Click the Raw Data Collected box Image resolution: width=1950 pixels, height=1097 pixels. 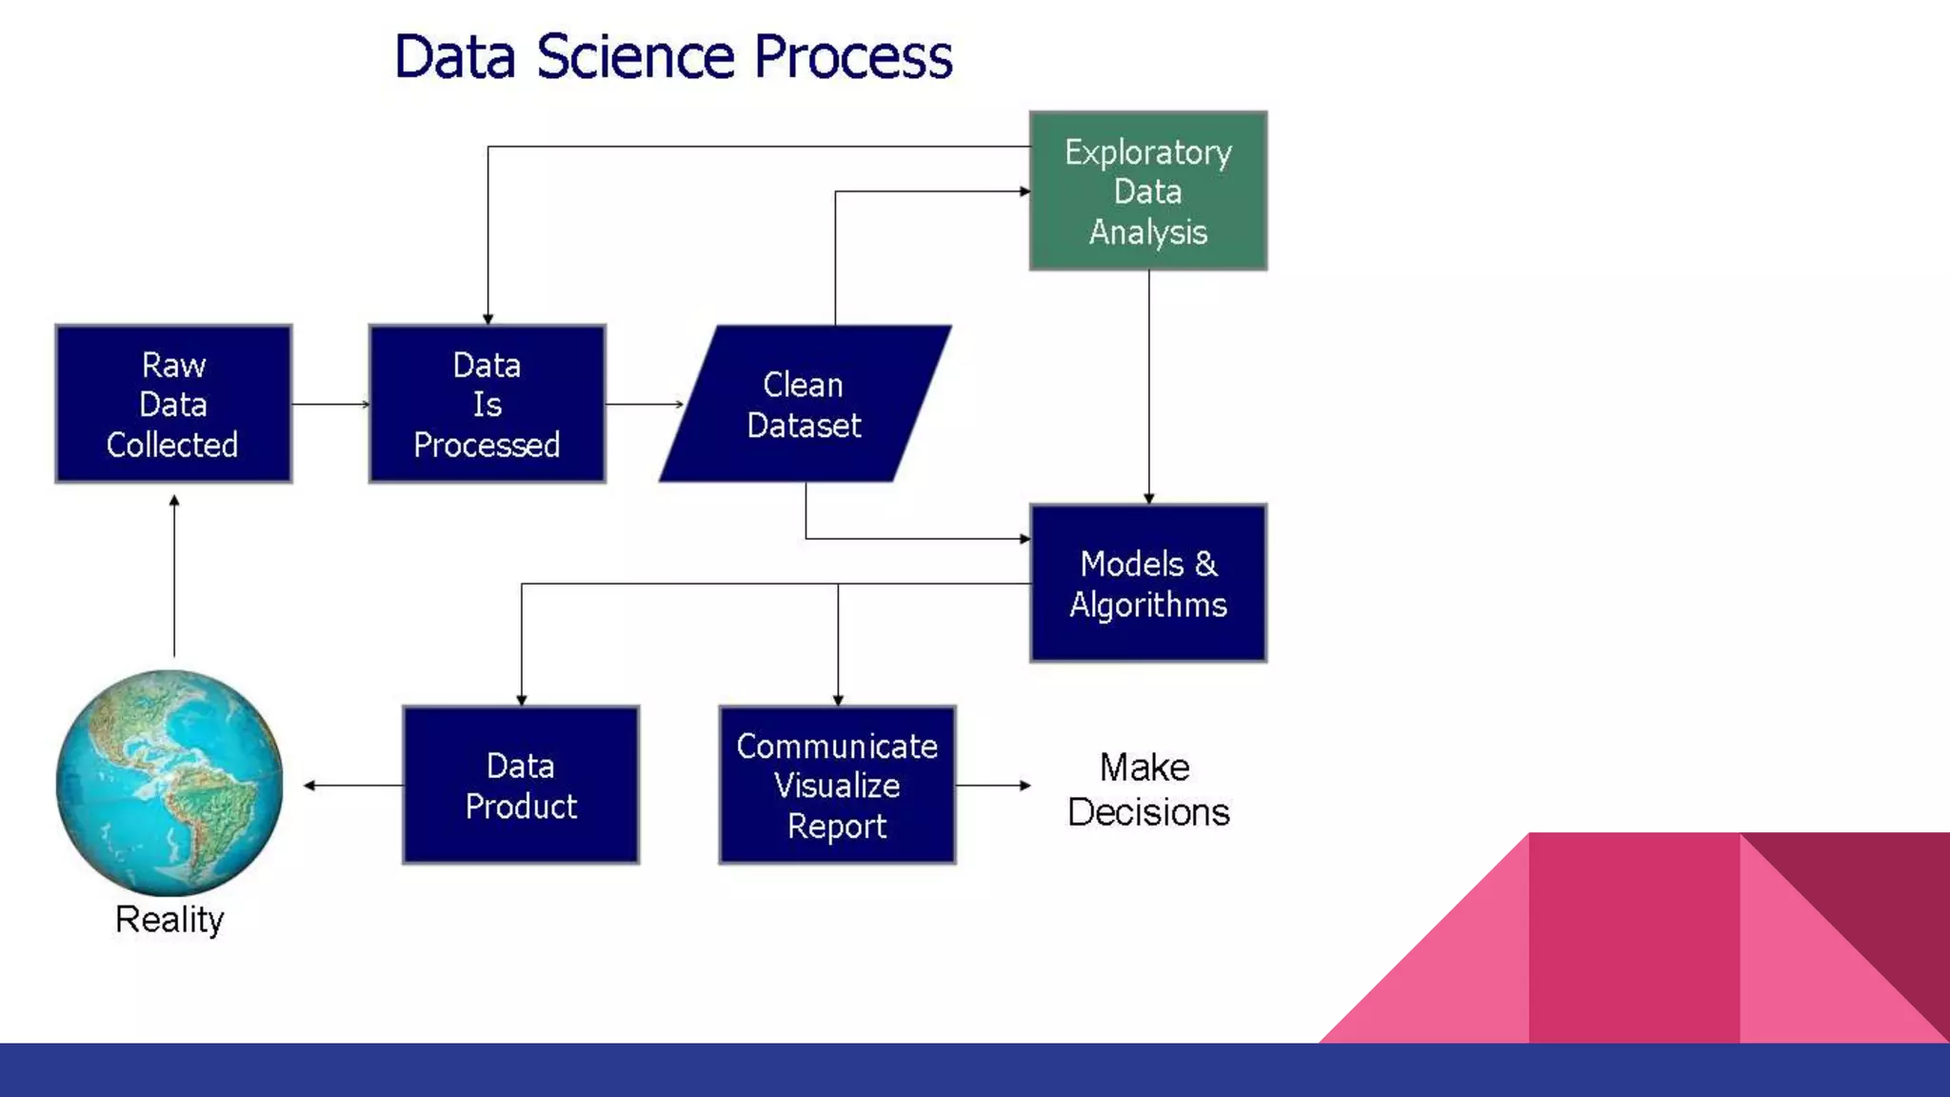[173, 404]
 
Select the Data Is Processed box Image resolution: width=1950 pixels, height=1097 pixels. [487, 404]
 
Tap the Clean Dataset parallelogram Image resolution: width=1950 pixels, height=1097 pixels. [806, 404]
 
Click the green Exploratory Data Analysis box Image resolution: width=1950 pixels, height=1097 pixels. [1148, 190]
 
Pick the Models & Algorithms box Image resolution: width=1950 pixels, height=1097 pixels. [1148, 583]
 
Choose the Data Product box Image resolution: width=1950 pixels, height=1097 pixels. [521, 785]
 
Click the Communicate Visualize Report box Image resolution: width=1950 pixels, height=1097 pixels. [837, 785]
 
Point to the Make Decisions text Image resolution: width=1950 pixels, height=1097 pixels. [1147, 789]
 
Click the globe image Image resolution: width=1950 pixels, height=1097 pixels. [169, 783]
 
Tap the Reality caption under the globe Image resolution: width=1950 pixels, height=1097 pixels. [169, 920]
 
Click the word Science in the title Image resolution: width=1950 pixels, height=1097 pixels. [636, 56]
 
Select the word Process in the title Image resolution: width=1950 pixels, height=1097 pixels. [853, 56]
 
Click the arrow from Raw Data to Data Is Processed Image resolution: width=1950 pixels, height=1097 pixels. [330, 404]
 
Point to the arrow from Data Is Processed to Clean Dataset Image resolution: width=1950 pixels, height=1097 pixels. [645, 404]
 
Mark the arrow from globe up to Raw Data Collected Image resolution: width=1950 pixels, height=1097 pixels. [174, 576]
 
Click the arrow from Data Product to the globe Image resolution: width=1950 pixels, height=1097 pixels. [353, 786]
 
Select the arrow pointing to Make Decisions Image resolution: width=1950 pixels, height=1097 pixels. [993, 786]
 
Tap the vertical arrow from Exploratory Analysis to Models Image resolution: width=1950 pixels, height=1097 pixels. [1148, 387]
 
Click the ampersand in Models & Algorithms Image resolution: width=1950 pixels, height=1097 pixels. [1205, 564]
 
